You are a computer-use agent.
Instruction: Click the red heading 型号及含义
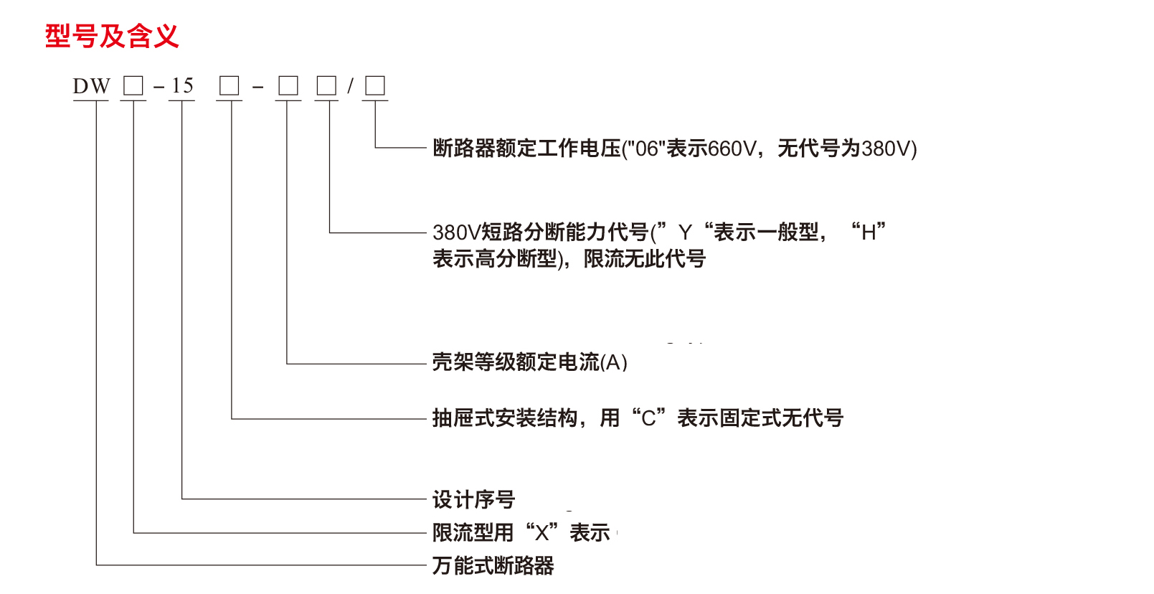click(x=111, y=36)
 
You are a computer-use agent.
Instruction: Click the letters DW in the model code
click(x=91, y=87)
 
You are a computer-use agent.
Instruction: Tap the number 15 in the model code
click(x=182, y=86)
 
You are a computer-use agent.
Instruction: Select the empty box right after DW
click(x=133, y=86)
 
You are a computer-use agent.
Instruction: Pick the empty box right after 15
click(x=230, y=86)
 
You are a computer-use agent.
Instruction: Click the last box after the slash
click(x=375, y=86)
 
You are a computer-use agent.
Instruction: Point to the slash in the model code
click(x=350, y=87)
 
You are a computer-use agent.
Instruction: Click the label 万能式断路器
click(x=493, y=566)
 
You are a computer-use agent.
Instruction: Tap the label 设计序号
click(x=473, y=499)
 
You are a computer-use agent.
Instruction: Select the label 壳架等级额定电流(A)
click(x=529, y=362)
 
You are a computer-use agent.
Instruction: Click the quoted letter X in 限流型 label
click(x=541, y=533)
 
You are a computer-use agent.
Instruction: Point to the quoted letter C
click(x=648, y=418)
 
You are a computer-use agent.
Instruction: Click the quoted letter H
click(x=869, y=232)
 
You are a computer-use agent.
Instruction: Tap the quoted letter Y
click(x=685, y=232)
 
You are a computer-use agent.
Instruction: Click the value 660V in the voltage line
click(x=732, y=148)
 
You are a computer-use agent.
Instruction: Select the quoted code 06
click(x=647, y=148)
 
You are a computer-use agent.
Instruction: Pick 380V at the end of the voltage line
click(x=885, y=148)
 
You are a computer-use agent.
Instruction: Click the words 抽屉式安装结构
click(x=505, y=418)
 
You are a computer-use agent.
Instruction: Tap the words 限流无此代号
click(x=645, y=259)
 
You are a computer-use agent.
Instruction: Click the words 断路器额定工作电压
click(x=526, y=148)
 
